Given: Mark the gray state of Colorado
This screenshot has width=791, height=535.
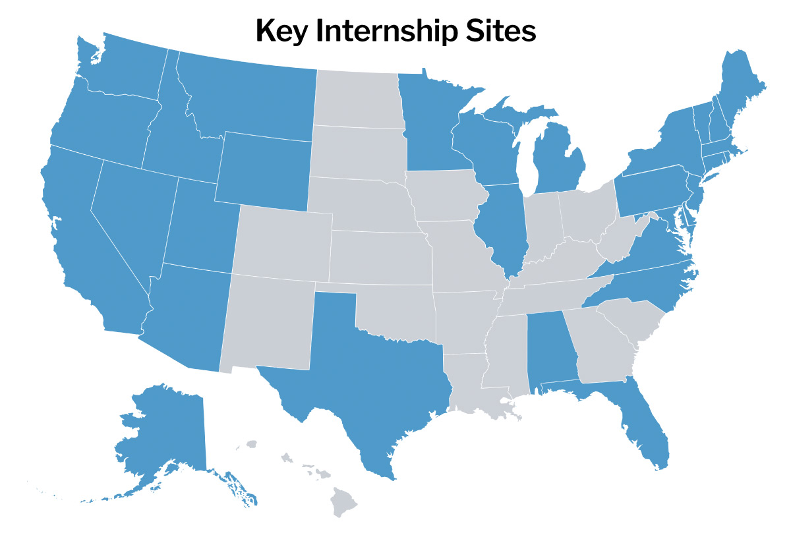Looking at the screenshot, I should coord(283,240).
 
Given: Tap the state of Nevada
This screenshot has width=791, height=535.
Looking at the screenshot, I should coord(132,211).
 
